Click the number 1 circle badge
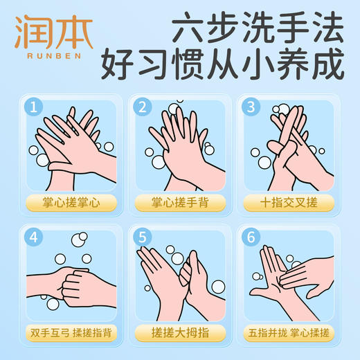click(31, 107)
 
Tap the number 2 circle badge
click(143, 107)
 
